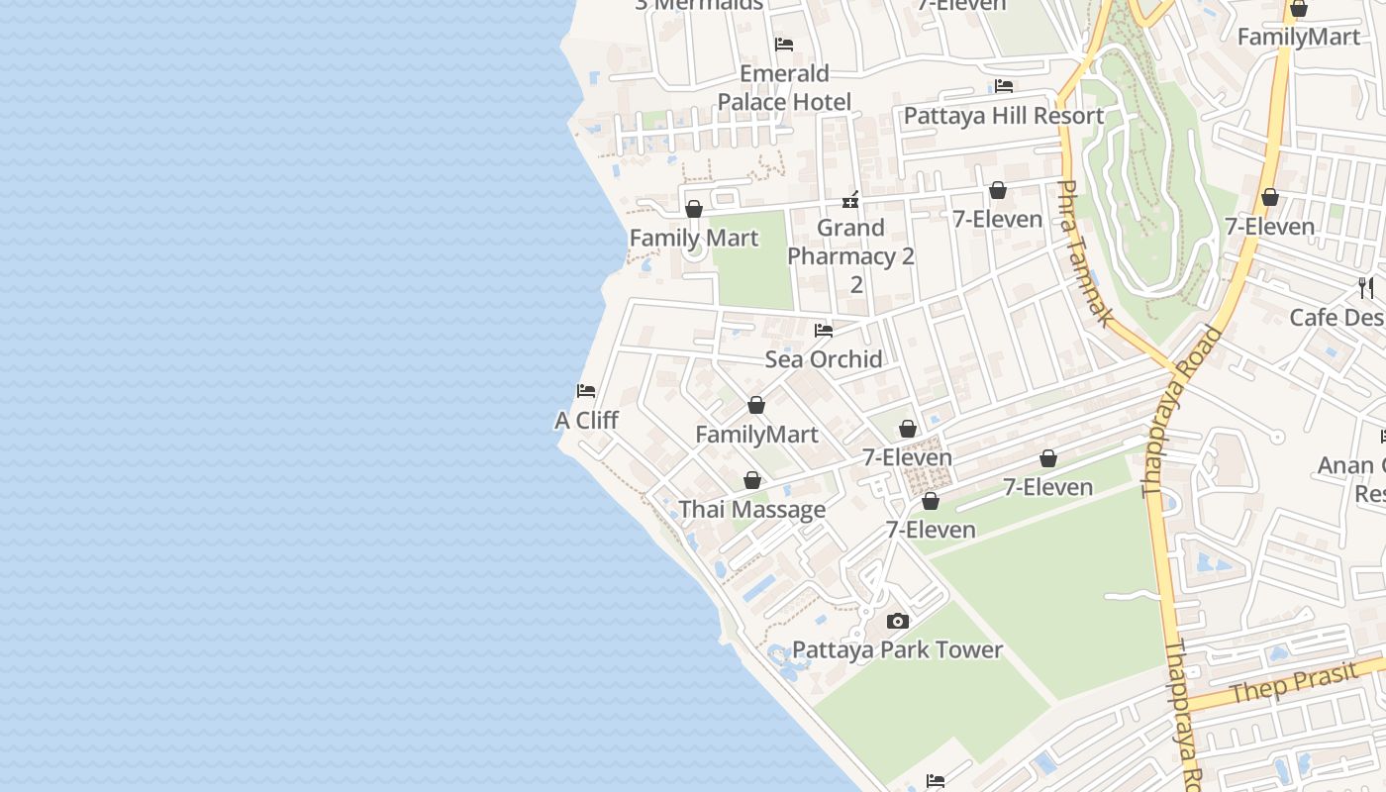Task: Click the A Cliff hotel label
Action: pos(586,421)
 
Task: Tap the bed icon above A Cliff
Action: pos(586,391)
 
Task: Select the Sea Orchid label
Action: pos(823,359)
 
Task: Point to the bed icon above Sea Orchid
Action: pos(823,330)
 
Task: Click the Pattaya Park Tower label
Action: pos(897,650)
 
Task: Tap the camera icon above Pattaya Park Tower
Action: pos(898,621)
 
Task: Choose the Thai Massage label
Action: pos(751,510)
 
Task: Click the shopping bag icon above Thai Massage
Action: pos(752,480)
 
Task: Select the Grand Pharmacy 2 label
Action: pos(850,243)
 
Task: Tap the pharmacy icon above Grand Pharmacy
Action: pos(849,200)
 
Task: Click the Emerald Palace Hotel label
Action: pos(784,88)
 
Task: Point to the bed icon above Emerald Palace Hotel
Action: pos(784,45)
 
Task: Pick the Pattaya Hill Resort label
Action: pos(1003,116)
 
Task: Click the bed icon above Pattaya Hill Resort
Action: pos(1004,86)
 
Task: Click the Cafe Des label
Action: pos(1336,318)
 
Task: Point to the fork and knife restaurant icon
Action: pos(1366,288)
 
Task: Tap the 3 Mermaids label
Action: pos(699,5)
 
